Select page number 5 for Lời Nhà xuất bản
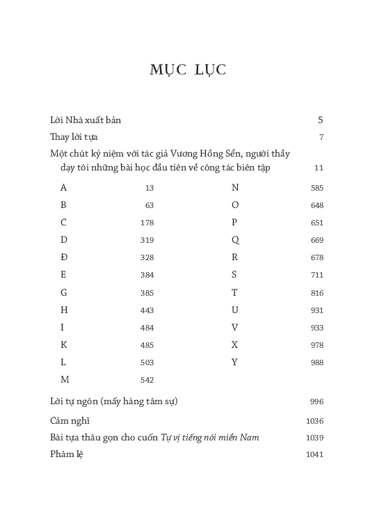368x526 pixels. (x=320, y=120)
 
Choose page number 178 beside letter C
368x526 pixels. (x=146, y=223)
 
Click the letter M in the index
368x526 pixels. (x=65, y=380)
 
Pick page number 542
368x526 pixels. (x=146, y=380)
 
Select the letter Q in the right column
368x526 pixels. (x=235, y=240)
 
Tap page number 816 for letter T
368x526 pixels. (x=317, y=293)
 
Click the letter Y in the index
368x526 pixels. (x=235, y=362)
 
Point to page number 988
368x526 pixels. (x=317, y=362)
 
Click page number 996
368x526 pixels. (x=317, y=402)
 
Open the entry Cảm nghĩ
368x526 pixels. (x=70, y=420)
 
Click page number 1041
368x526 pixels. (x=314, y=454)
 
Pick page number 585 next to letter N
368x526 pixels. (x=317, y=188)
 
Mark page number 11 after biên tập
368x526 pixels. (x=319, y=168)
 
